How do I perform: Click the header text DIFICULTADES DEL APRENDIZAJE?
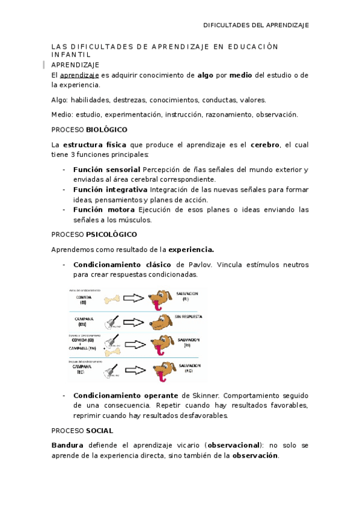[256, 25]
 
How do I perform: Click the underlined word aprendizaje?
[79, 75]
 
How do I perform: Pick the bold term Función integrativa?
[110, 190]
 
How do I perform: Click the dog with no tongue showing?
[160, 323]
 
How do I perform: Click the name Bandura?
[67, 446]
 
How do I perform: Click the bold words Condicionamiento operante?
[125, 396]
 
